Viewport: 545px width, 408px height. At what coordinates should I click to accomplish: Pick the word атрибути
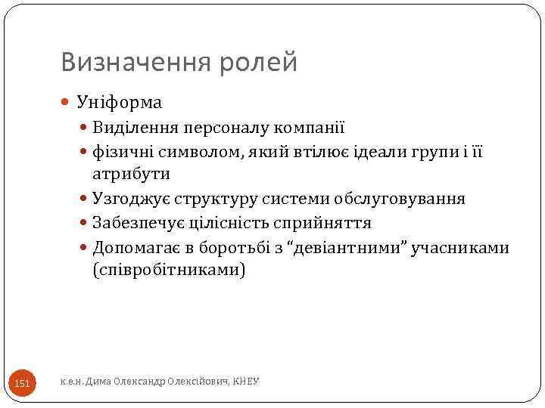click(x=131, y=174)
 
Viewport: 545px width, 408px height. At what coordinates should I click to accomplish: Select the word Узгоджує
click(x=130, y=199)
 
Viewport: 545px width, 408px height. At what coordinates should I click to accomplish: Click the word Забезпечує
click(x=137, y=224)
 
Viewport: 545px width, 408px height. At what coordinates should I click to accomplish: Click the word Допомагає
click(x=135, y=248)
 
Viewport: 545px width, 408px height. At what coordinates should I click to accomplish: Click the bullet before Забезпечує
click(x=86, y=224)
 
